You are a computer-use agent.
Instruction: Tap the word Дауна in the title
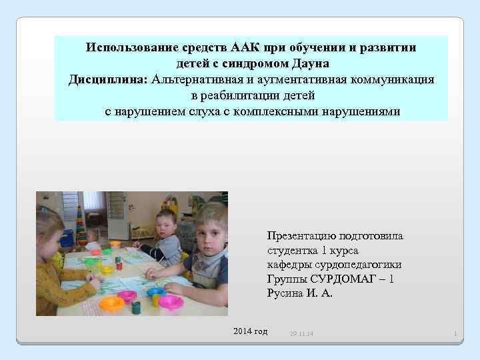[309, 64]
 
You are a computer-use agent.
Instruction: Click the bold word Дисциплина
[107, 80]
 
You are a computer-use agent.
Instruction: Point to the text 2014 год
[250, 331]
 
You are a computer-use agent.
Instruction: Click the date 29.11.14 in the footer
[303, 333]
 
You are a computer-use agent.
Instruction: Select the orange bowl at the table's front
[112, 304]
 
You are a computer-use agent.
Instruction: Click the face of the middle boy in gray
[163, 226]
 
